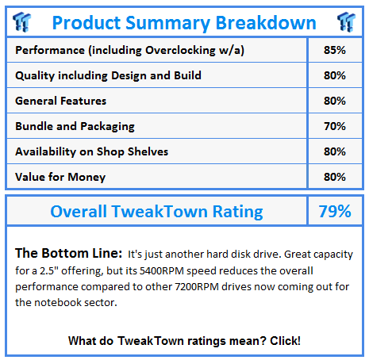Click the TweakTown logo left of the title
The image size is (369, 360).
click(21, 22)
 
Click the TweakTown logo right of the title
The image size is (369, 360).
click(346, 22)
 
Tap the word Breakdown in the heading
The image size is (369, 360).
click(266, 23)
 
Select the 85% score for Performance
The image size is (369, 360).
click(335, 50)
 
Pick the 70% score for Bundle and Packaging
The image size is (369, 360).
click(335, 126)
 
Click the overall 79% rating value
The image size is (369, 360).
click(335, 211)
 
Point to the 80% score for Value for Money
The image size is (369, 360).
click(335, 177)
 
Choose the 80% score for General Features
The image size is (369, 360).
click(335, 101)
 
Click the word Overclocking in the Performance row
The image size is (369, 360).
click(180, 50)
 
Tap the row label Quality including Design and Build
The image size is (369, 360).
click(108, 75)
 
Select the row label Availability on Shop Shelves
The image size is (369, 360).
click(91, 151)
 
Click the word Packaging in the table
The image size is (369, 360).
click(107, 126)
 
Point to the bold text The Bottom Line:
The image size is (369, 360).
click(68, 253)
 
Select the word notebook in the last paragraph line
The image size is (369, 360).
click(57, 303)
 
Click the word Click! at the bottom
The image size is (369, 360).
click(285, 341)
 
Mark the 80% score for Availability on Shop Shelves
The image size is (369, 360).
click(335, 151)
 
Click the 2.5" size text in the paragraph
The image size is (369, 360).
click(48, 270)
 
